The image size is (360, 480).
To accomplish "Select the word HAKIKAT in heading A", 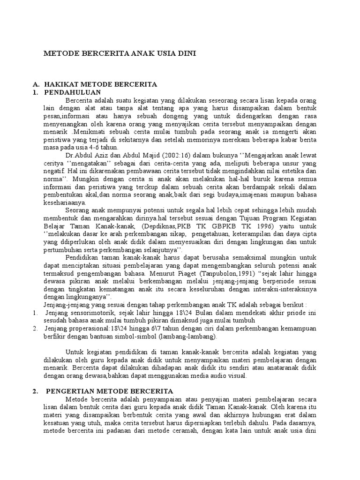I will [61, 84].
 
